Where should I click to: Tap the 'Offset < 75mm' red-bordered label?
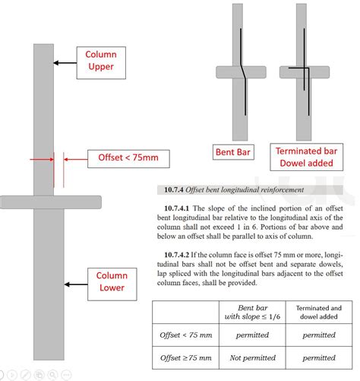pos(128,158)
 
